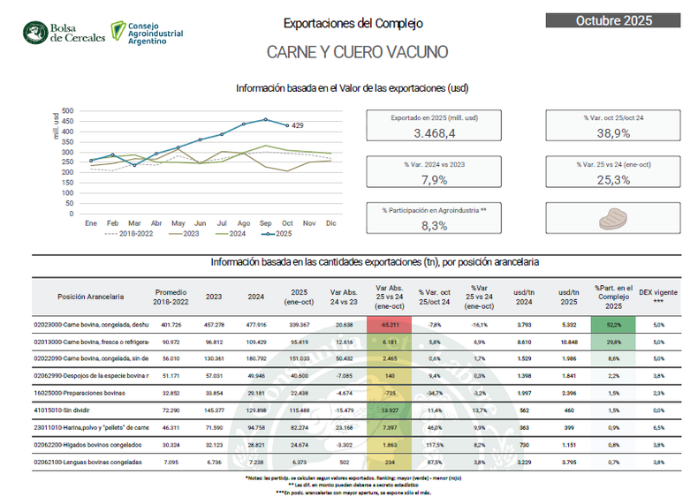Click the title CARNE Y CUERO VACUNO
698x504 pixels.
tap(357, 52)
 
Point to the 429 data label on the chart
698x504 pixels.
tap(298, 126)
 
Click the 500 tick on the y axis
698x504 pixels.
tap(69, 111)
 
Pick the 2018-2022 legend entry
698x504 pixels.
tap(128, 235)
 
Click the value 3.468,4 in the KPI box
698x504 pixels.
tap(435, 133)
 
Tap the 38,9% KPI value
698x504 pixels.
tap(613, 133)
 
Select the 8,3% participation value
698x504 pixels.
tap(435, 225)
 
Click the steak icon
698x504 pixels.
tap(613, 217)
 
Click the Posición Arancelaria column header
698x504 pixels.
tap(91, 297)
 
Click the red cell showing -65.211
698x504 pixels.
tap(388, 325)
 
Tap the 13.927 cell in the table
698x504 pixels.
tap(388, 411)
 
